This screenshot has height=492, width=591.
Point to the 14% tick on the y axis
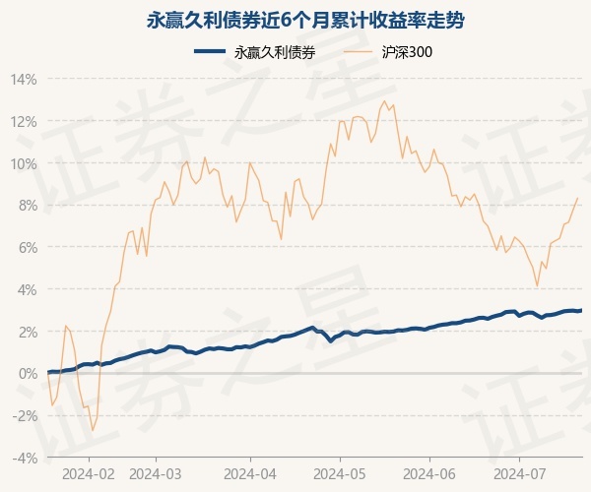(24, 79)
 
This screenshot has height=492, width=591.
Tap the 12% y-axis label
(24, 121)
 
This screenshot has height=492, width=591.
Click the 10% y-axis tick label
(24, 163)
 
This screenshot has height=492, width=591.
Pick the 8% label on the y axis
(27, 206)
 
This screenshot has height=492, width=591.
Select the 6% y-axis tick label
(27, 247)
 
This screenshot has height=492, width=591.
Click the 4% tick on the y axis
(27, 289)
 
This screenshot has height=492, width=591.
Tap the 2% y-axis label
(27, 332)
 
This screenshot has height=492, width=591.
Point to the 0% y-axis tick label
(27, 374)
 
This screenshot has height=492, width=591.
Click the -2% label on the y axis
(25, 415)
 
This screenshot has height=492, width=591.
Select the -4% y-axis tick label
(25, 458)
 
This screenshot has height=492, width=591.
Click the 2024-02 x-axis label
(88, 473)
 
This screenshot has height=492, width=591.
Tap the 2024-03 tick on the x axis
(157, 473)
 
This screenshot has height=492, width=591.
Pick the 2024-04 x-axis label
(250, 473)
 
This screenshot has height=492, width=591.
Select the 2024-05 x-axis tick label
(340, 473)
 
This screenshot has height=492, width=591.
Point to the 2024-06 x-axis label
(430, 473)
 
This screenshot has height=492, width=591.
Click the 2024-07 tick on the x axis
(520, 473)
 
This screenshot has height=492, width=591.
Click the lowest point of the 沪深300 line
(93, 431)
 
